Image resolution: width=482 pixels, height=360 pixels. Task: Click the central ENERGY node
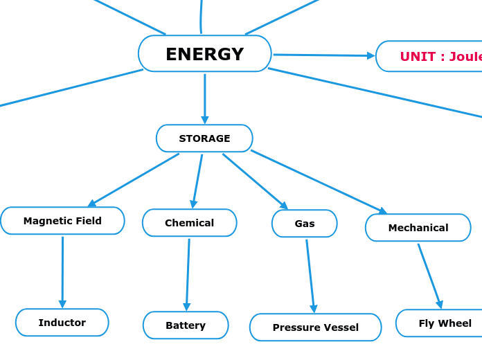click(x=204, y=54)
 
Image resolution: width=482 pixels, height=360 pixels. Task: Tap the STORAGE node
click(x=204, y=138)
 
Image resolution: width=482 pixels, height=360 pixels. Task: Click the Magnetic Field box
click(x=62, y=221)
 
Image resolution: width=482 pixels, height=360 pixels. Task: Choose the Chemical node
click(x=189, y=223)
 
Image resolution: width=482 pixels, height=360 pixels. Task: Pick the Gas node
click(x=305, y=224)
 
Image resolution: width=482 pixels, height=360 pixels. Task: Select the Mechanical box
click(x=418, y=228)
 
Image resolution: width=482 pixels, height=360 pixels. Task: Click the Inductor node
click(x=62, y=323)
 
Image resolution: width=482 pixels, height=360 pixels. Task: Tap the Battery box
click(x=186, y=325)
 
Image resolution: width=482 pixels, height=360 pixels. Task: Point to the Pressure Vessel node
click(x=315, y=327)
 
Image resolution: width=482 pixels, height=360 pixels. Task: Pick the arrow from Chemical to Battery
click(x=188, y=274)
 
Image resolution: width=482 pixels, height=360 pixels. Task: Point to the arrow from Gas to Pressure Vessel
click(x=310, y=276)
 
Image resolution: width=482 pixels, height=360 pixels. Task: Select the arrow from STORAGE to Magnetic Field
click(x=134, y=180)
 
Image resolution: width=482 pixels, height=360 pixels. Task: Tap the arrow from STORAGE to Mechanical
click(x=319, y=181)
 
